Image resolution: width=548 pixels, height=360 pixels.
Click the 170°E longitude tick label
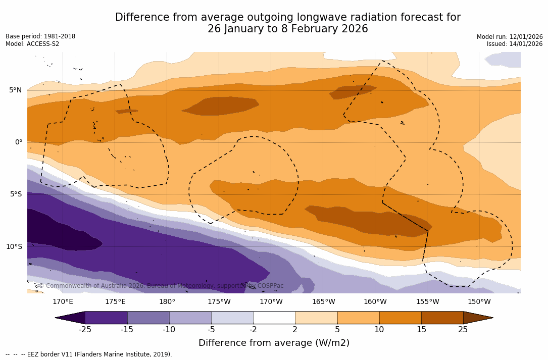(63, 302)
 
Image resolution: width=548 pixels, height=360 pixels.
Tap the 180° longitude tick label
(167, 302)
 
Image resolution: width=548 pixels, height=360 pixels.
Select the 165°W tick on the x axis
(323, 302)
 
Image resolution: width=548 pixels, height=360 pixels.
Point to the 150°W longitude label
(479, 302)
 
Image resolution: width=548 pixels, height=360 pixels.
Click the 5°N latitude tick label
(15, 90)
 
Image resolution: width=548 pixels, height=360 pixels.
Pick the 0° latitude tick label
(18, 142)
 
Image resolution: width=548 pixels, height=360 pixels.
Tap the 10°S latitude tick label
(14, 247)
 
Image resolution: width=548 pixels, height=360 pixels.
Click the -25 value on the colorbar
(85, 330)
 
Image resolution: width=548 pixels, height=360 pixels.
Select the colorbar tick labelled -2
(253, 330)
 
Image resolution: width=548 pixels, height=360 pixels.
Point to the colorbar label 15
(421, 330)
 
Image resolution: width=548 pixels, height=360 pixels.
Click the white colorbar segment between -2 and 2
(274, 318)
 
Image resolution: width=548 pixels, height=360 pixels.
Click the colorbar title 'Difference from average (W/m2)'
(274, 343)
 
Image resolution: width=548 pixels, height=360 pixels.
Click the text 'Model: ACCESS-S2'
(32, 44)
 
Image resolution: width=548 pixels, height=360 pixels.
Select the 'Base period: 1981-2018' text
(40, 36)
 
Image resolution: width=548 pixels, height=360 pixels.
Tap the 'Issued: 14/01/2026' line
(515, 44)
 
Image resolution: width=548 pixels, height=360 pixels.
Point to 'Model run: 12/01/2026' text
(510, 37)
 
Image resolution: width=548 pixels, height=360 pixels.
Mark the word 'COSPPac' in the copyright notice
(270, 286)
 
